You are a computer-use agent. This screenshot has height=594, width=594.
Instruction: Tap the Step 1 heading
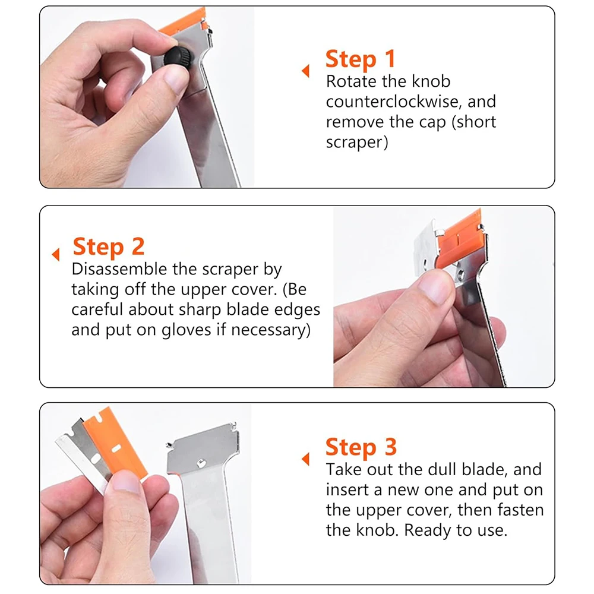(x=361, y=59)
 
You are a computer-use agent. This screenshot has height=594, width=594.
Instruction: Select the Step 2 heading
(x=109, y=247)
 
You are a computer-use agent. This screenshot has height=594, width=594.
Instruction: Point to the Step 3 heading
(x=361, y=447)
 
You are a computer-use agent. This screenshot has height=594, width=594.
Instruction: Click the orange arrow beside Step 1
(x=305, y=71)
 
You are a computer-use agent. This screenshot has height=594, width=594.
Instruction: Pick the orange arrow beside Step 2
(x=56, y=255)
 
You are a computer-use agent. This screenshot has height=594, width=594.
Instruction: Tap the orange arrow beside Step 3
(x=305, y=459)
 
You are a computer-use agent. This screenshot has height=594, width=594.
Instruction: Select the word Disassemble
(x=119, y=269)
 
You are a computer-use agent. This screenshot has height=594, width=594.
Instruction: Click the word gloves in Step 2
(x=186, y=330)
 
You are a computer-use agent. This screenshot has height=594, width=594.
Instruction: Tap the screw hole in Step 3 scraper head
(x=201, y=463)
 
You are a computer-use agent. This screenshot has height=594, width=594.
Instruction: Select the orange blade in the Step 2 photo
(x=461, y=239)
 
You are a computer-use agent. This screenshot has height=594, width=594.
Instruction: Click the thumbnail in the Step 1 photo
(x=176, y=80)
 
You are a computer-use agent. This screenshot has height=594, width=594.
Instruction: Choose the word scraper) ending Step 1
(x=357, y=143)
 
